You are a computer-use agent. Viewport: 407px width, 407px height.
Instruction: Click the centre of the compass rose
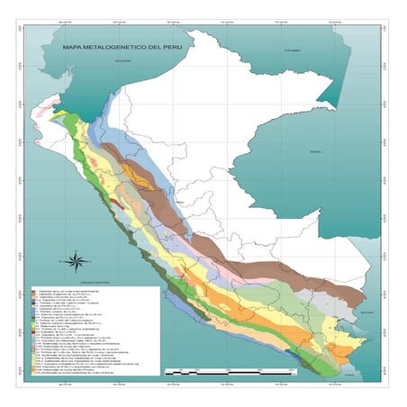click(76, 262)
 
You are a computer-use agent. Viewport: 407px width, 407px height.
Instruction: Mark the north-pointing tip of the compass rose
click(76, 251)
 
